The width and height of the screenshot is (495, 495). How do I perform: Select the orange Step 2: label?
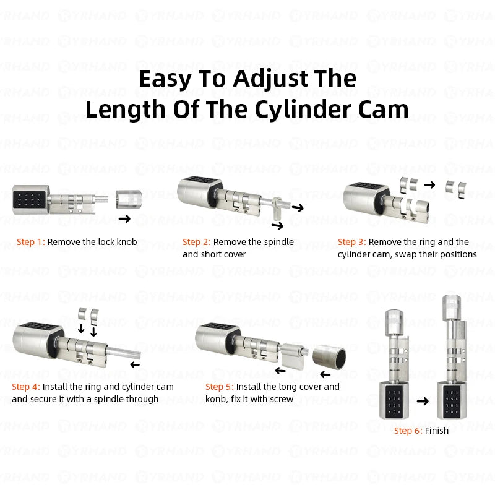[197, 242]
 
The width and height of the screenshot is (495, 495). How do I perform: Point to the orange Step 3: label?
[352, 242]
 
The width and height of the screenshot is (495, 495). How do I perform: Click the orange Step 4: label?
[26, 387]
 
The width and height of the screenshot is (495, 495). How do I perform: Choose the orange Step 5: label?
[220, 387]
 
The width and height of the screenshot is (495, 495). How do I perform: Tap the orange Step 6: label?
[408, 431]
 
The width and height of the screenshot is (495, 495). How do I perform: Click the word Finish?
[437, 431]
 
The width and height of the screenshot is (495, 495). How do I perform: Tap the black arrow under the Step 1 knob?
[125, 218]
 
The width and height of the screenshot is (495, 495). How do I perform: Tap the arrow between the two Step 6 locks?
[423, 401]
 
